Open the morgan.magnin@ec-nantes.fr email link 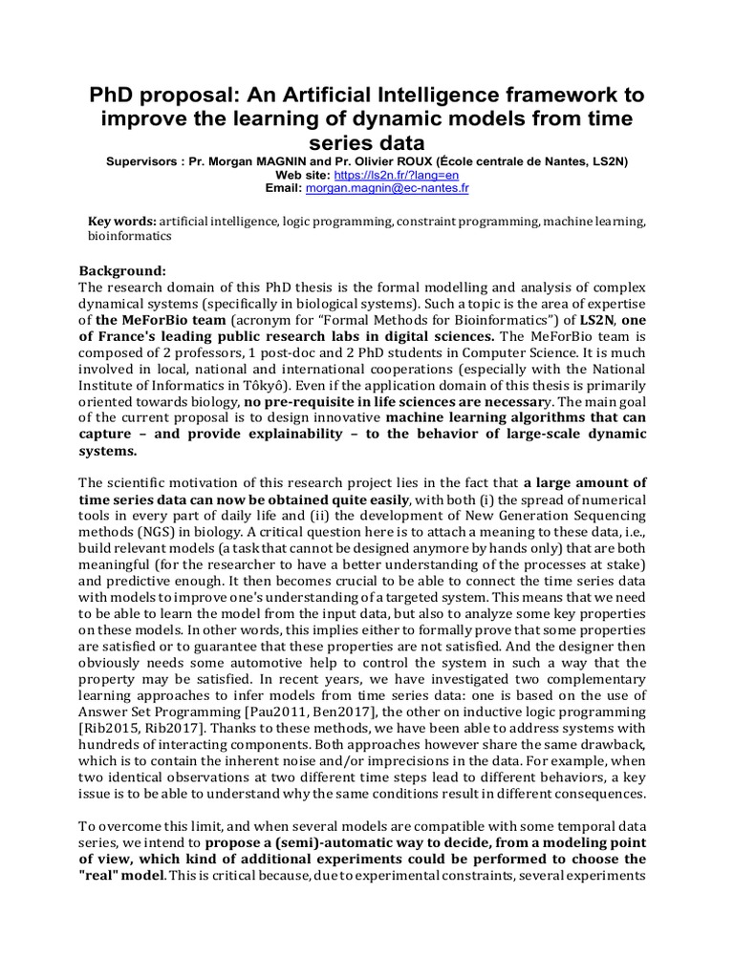[387, 189]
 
